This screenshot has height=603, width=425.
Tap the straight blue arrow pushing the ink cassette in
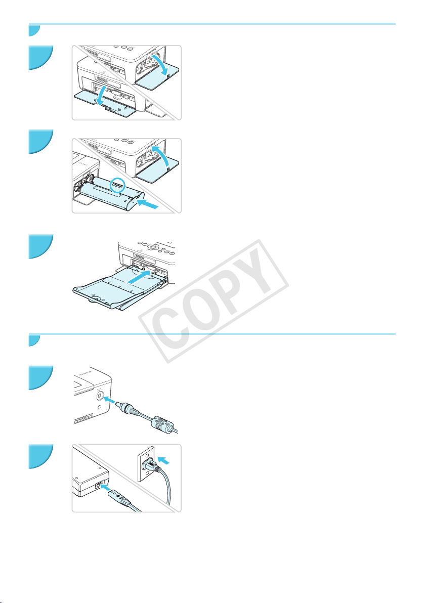point(147,203)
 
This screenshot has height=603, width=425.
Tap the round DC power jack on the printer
point(101,395)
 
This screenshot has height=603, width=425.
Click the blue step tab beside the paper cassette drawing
point(41,246)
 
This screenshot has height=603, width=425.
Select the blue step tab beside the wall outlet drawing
point(41,456)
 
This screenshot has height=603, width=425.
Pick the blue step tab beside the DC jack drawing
point(41,378)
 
